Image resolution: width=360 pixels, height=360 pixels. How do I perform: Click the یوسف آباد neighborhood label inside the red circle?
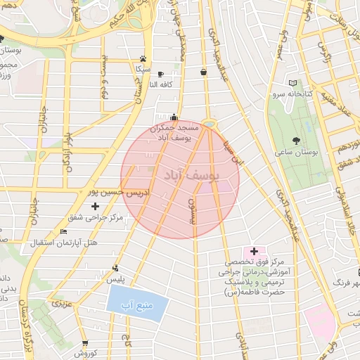[192, 175]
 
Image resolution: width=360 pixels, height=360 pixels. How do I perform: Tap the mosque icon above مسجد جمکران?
[174, 117]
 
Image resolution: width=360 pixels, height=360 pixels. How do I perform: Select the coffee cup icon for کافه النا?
[160, 74]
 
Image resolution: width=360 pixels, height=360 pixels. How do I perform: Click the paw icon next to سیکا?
[143, 59]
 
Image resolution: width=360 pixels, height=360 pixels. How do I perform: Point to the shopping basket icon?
[203, 71]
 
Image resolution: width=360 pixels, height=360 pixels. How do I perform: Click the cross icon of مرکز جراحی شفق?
[95, 206]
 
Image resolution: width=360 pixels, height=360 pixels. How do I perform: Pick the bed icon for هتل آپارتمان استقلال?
[64, 231]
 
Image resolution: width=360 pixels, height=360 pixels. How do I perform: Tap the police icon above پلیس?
[115, 268]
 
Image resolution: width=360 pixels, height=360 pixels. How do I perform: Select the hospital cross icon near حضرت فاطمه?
[254, 251]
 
